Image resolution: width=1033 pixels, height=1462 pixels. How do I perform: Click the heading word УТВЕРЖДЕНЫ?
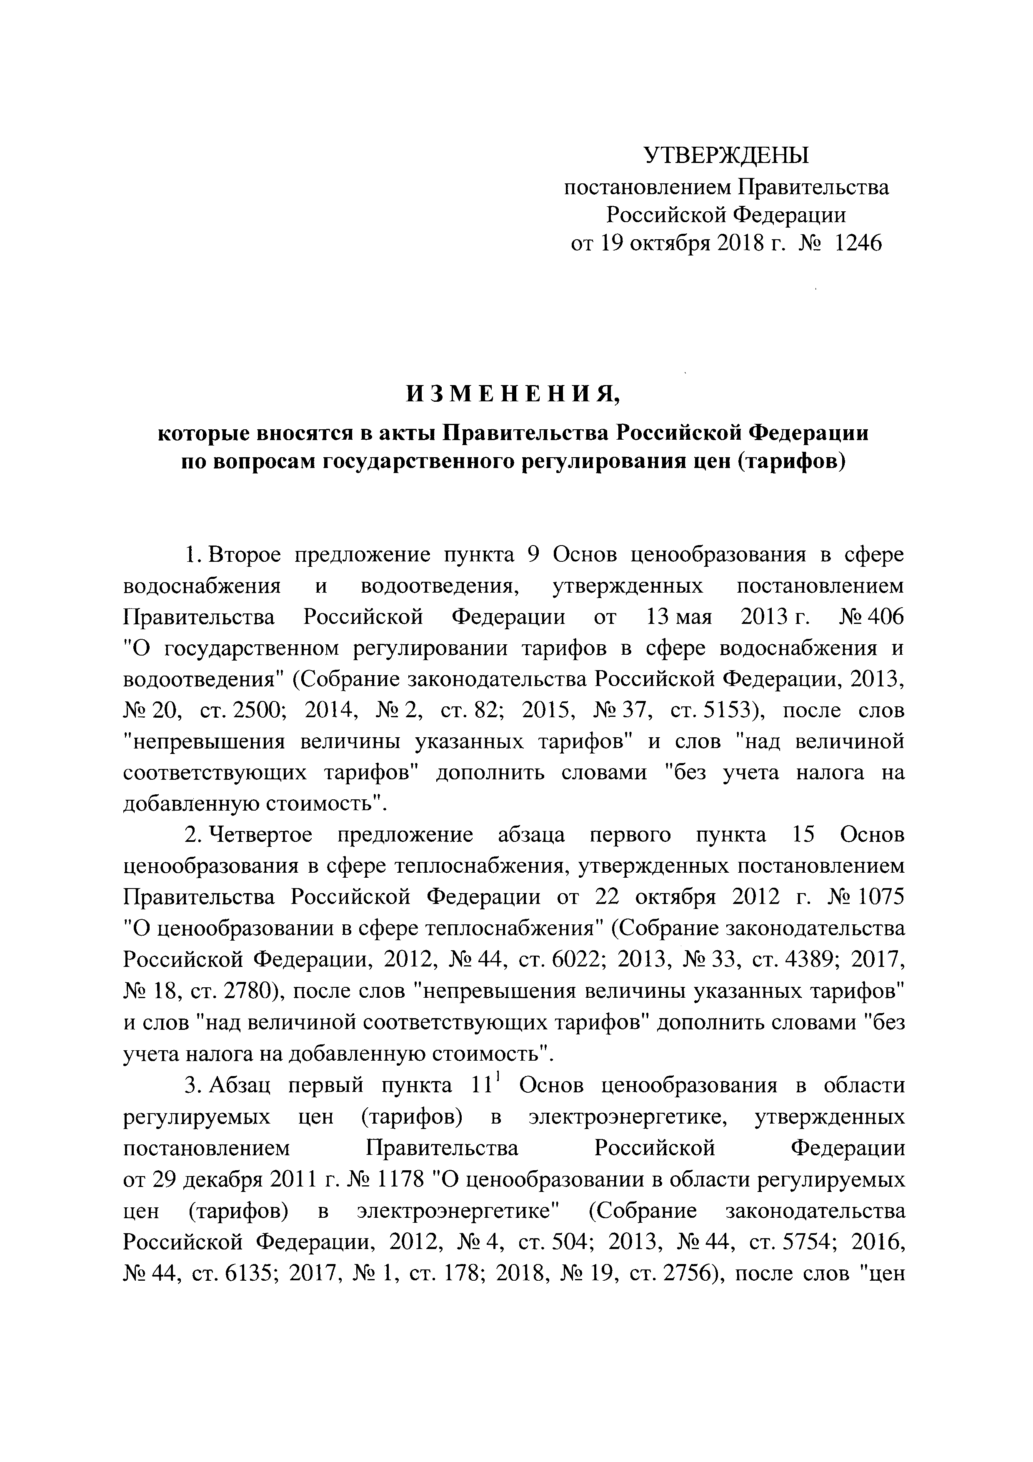pyautogui.click(x=726, y=155)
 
